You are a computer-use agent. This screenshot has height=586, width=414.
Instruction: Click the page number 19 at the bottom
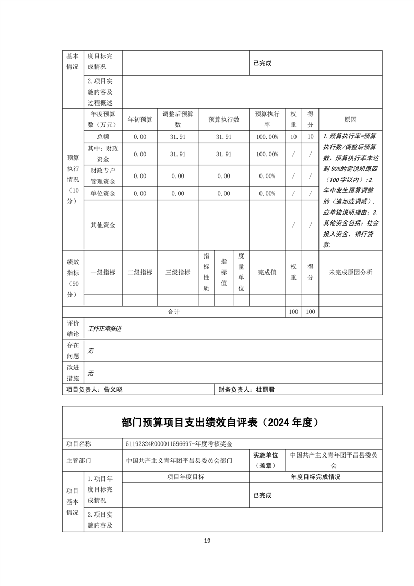pos(207,541)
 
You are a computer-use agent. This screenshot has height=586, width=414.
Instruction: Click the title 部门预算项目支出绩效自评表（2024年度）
pos(221,422)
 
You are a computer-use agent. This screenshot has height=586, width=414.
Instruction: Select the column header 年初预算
pos(140,120)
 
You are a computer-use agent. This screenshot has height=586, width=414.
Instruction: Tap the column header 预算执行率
pos(267,120)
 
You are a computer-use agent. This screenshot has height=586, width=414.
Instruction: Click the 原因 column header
pos(350,120)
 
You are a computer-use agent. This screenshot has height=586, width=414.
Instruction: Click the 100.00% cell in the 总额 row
pos(267,137)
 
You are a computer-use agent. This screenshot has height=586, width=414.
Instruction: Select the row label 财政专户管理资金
pos(102,176)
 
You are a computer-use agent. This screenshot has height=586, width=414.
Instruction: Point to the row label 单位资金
pos(102,194)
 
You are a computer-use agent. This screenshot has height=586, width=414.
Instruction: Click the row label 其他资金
pos(102,225)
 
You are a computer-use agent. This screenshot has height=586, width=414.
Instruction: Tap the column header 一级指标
pos(102,272)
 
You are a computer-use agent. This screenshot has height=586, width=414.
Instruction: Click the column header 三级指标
pos(178,272)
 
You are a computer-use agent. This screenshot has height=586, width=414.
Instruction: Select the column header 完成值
pos(267,272)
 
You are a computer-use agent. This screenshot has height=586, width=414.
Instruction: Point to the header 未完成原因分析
pos(350,272)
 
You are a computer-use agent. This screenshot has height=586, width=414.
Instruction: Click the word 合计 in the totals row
pos(174,312)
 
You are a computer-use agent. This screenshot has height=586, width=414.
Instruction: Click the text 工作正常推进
pos(104,329)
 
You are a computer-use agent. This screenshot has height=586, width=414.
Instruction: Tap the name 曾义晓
pos(113,390)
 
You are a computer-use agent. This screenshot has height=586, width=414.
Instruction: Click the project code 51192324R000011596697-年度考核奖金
pos(179,444)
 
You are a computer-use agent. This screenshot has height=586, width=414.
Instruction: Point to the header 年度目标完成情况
pos(315,477)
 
